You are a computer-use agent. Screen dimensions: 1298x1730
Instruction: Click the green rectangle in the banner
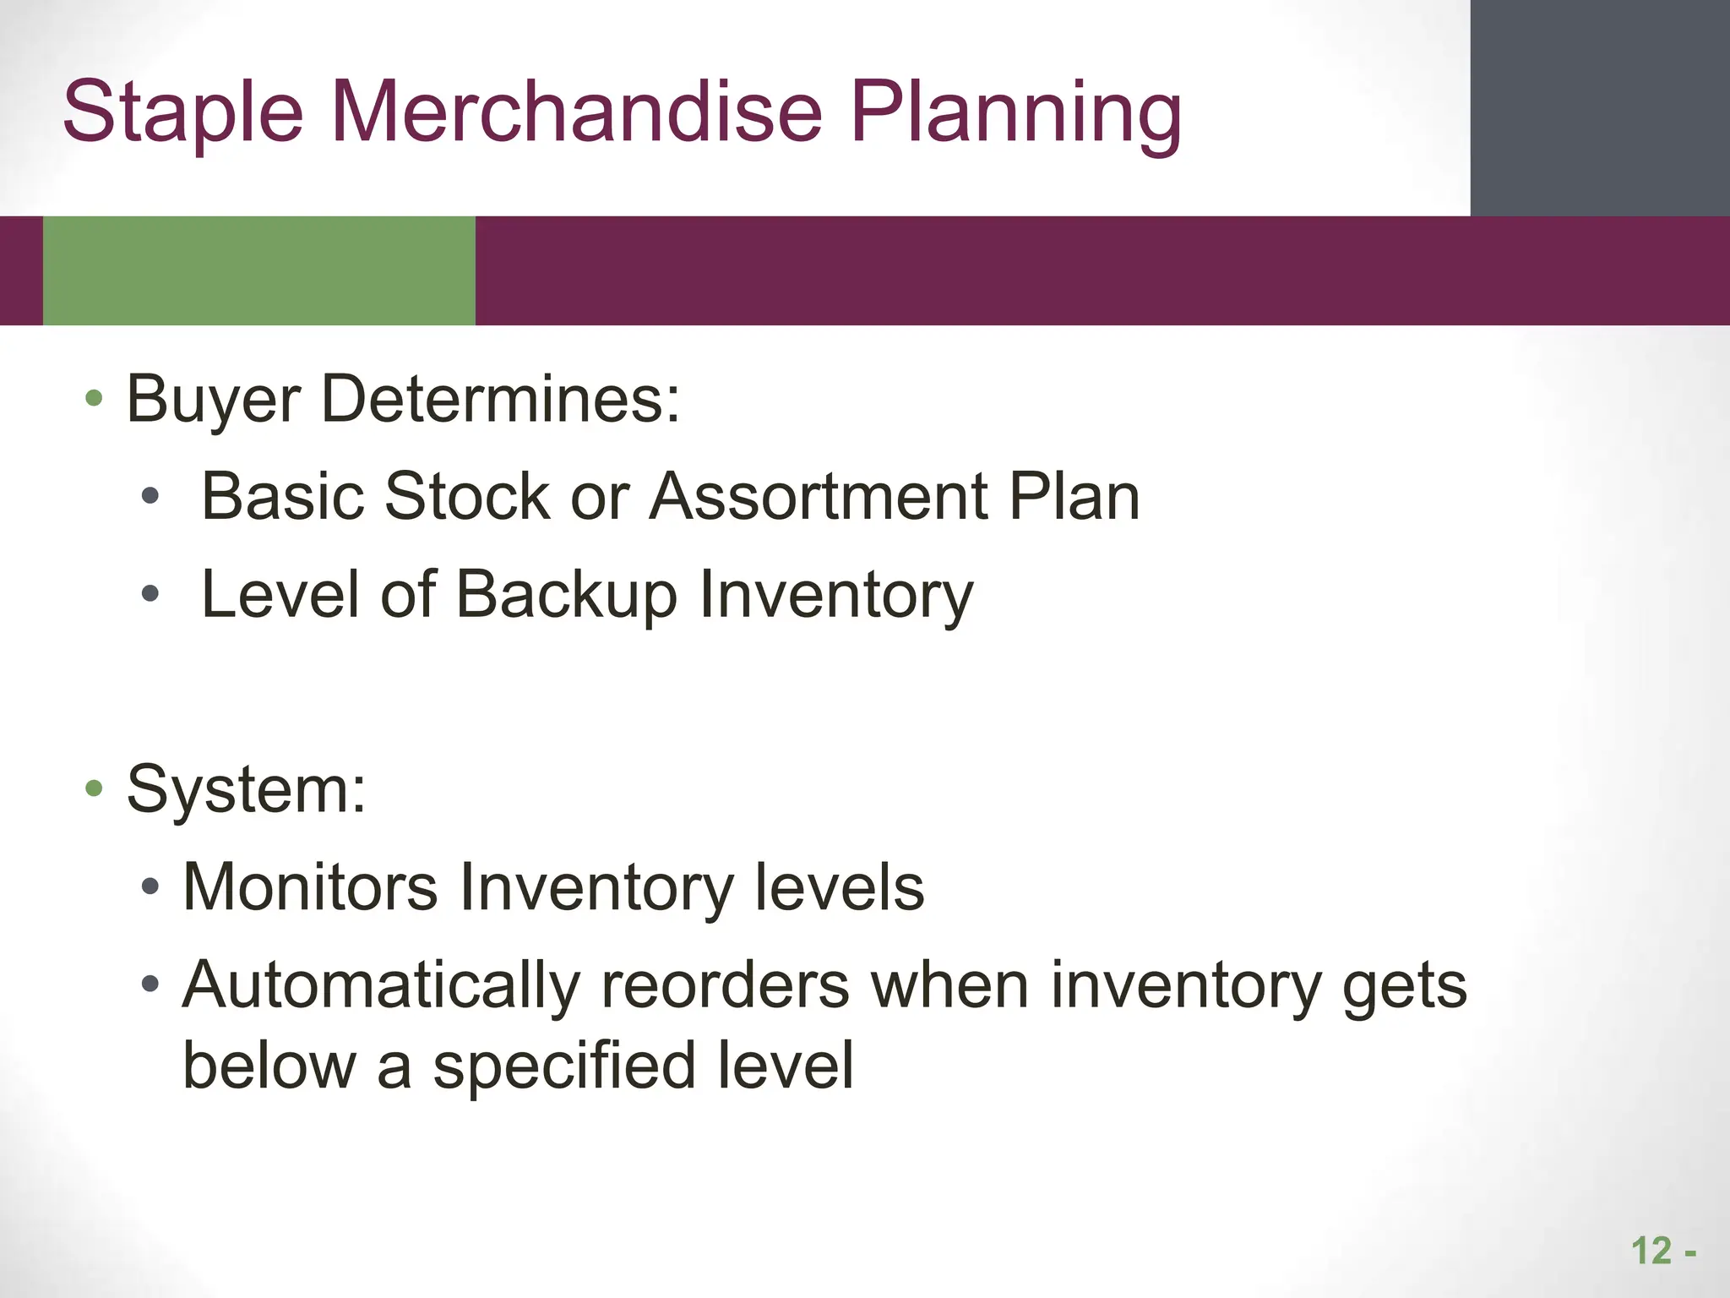[x=258, y=270]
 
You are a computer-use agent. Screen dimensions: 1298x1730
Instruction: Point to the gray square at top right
[x=1599, y=107]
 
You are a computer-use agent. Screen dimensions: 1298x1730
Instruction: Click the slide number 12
[x=1651, y=1252]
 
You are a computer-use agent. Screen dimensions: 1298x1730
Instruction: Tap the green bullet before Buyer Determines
[x=94, y=398]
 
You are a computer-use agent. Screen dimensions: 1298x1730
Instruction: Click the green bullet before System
[x=94, y=788]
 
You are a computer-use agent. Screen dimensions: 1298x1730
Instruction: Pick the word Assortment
[x=819, y=496]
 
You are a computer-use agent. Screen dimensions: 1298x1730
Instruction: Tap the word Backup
[x=567, y=595]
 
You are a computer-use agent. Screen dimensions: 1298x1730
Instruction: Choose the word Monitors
[x=310, y=887]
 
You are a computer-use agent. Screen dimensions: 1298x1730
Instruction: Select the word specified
[x=564, y=1066]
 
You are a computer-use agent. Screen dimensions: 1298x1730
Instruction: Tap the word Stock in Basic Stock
[x=467, y=496]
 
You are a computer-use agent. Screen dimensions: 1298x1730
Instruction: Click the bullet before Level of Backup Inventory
[x=150, y=595]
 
